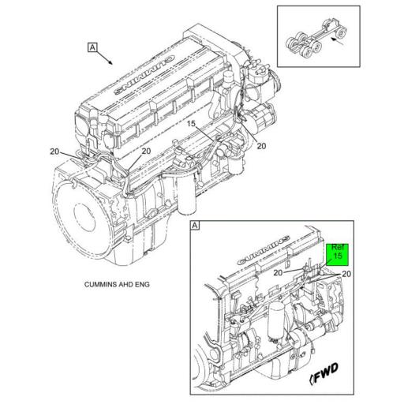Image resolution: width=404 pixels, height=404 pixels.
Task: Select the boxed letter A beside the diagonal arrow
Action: (92, 48)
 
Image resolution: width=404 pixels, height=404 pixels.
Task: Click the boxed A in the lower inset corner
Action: (196, 226)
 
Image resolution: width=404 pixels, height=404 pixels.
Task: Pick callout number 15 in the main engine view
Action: (190, 124)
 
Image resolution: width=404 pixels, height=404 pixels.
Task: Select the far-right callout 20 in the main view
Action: (261, 145)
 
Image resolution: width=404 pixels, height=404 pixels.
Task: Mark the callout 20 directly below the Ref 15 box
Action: (346, 274)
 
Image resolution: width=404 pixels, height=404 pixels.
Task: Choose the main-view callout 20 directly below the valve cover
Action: (146, 151)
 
